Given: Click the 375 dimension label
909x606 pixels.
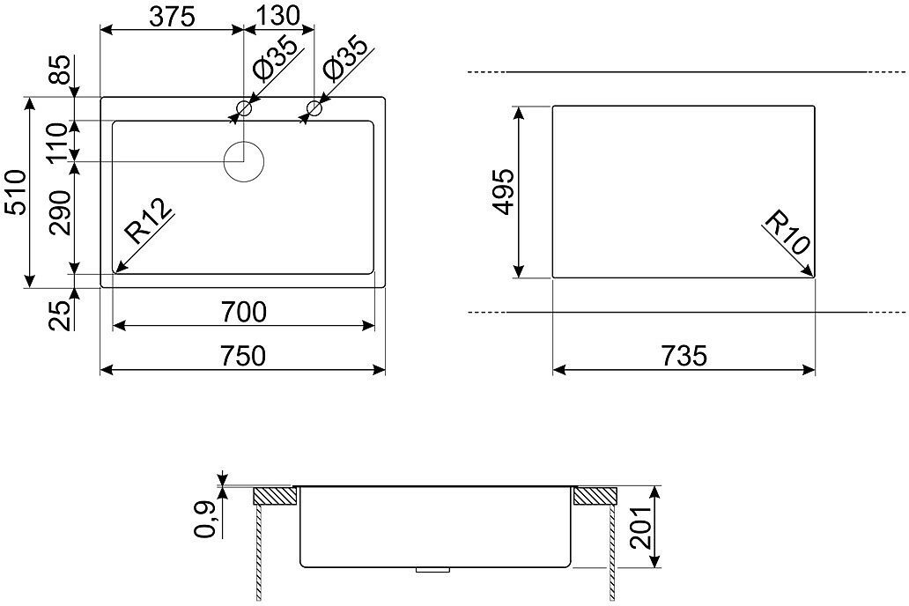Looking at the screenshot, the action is coord(172,17).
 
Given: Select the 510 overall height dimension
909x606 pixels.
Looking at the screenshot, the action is coord(16,192).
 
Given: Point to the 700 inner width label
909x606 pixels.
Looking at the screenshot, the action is coord(243,312).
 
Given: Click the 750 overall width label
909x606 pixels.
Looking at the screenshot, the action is coord(243,356).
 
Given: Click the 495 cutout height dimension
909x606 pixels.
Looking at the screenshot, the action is coord(503,191).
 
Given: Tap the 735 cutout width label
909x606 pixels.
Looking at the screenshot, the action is coord(684,355).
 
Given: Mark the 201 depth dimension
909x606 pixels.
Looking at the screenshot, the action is coord(643,527).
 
